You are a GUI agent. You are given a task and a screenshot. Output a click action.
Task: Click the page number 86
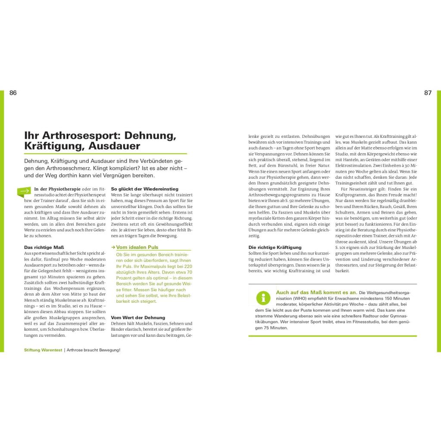click(x=13, y=93)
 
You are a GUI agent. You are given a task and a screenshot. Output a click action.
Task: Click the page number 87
click(x=428, y=93)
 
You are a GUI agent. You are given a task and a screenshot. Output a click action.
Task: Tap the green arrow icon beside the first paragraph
click(x=24, y=191)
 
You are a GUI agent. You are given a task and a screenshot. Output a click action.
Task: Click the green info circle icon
click(x=263, y=298)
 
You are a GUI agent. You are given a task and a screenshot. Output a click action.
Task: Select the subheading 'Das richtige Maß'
click(x=40, y=247)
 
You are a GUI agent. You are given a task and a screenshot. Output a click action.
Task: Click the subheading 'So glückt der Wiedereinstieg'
click(x=144, y=189)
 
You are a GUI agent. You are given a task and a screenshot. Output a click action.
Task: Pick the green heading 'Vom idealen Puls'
click(x=137, y=247)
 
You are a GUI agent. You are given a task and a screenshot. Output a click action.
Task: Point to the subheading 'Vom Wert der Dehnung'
click(x=138, y=317)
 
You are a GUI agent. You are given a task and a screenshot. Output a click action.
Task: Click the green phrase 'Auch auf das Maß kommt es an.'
click(x=316, y=292)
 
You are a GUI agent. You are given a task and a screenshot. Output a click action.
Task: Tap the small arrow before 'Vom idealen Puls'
click(x=113, y=247)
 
